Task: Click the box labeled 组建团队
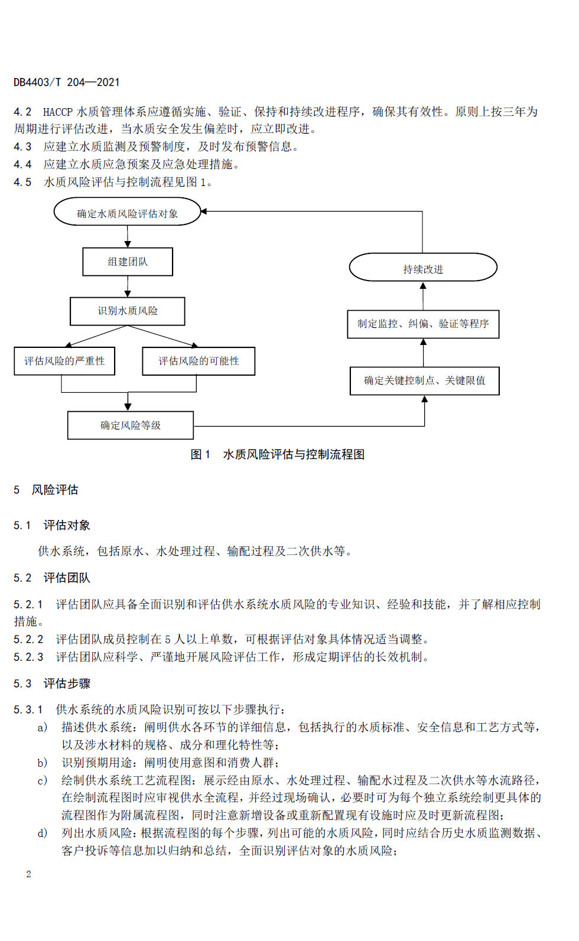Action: [128, 262]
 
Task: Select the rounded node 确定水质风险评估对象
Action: [127, 211]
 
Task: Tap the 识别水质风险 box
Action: [127, 311]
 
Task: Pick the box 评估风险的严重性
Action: [64, 361]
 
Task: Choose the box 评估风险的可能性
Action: [199, 361]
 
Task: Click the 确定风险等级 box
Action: [131, 425]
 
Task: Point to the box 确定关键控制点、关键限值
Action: [425, 380]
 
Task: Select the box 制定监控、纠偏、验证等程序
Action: [423, 324]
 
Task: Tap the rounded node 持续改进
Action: [423, 267]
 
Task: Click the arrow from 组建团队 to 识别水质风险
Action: [128, 286]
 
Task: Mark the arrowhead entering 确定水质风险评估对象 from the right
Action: [204, 211]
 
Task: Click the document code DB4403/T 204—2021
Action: [66, 82]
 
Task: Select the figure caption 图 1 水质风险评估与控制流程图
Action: [277, 454]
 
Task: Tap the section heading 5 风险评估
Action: [46, 490]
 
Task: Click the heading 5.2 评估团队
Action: [51, 578]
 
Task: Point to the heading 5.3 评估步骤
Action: [51, 683]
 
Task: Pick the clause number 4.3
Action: [22, 146]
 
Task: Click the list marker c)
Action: [43, 780]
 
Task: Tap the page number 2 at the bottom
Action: [28, 874]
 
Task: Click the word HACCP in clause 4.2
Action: [58, 112]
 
